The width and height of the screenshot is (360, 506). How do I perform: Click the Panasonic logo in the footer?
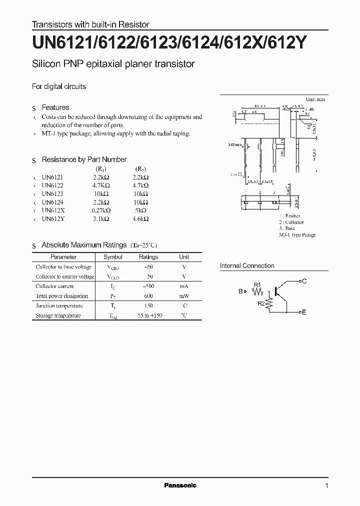pos(180,485)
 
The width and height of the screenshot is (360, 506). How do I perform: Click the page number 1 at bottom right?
pos(326,486)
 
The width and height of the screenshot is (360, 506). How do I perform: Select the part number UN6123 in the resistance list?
pos(52,193)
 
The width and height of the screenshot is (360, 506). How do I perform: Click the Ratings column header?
pos(148,257)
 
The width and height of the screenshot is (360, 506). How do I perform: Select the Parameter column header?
pos(63,257)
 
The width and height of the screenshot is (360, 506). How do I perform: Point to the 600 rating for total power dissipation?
pos(148,296)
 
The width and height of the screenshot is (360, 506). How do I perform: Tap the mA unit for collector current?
pos(184,286)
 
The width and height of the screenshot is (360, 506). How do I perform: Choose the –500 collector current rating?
pos(148,286)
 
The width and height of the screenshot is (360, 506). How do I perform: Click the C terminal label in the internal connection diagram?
pos(304,281)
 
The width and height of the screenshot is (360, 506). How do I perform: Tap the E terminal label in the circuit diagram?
pos(304,312)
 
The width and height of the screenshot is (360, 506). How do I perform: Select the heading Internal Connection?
pos(247,266)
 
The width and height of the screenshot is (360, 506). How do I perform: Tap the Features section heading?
pos(55,107)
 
